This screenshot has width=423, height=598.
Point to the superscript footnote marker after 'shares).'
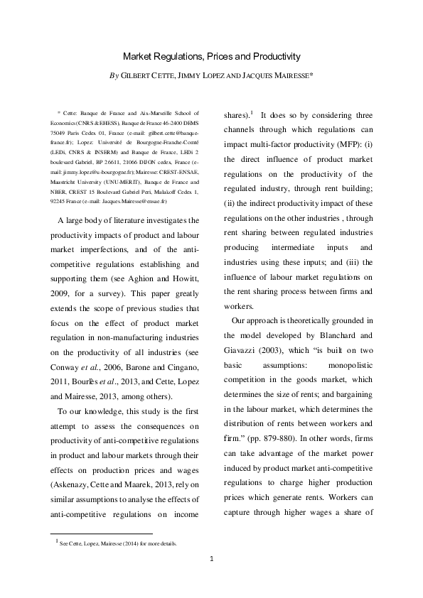click(x=252, y=112)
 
